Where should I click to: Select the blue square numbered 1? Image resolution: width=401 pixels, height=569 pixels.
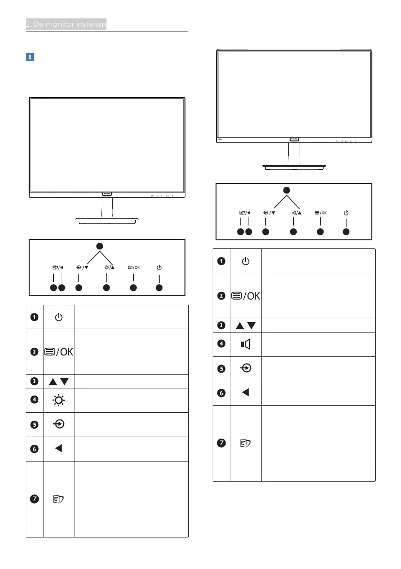29,57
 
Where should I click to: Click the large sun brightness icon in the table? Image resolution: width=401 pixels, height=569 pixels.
58,400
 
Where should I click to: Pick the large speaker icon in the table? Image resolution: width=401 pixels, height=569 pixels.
245,344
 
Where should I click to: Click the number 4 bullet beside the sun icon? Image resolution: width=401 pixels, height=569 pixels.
34,400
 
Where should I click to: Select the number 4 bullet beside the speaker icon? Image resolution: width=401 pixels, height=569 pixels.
221,344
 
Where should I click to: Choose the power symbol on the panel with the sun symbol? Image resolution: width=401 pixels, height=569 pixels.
159,267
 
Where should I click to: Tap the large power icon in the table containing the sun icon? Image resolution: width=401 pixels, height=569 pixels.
58,317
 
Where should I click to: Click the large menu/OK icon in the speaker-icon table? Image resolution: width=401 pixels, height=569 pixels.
245,296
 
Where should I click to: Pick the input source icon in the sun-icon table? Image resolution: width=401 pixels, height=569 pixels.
58,424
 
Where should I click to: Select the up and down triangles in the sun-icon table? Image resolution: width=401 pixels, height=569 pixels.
58,381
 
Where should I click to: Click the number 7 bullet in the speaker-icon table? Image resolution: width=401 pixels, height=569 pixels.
221,443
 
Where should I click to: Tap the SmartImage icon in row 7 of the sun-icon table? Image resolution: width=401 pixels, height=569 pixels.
58,499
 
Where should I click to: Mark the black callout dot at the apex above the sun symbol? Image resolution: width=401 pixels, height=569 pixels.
99,245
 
